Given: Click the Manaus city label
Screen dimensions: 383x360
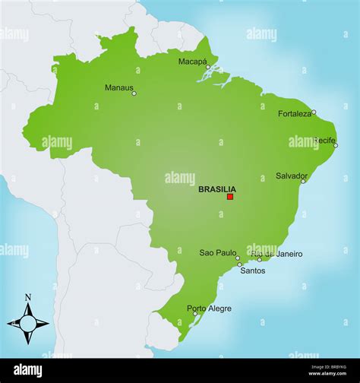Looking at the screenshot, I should click(118, 87).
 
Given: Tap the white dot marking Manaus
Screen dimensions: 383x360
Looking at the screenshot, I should click(134, 93).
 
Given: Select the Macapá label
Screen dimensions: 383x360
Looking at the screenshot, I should click(193, 62).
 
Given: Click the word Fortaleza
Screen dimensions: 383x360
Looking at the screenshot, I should click(295, 113).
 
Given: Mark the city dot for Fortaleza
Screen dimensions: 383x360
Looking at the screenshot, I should click(314, 112).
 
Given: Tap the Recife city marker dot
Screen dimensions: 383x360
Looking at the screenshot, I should click(336, 145).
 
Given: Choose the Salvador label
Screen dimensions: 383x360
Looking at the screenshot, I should click(292, 176).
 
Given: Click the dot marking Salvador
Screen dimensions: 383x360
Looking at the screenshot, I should click(303, 182).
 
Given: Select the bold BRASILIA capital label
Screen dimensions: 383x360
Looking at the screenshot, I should click(217, 190).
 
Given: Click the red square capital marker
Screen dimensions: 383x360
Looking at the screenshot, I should click(230, 197).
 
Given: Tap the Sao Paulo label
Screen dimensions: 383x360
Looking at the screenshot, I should click(217, 252).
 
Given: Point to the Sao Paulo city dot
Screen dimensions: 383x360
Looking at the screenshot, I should click(238, 258).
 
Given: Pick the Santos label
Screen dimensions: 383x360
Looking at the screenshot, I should click(253, 271).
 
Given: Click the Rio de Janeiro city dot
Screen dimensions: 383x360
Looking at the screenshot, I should click(259, 259).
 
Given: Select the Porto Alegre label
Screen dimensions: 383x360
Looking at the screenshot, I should click(210, 309).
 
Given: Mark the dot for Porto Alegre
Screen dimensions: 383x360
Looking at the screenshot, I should click(195, 314).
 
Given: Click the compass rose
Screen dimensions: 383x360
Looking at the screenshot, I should click(28, 323).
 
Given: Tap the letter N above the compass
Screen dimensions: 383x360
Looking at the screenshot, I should click(28, 297).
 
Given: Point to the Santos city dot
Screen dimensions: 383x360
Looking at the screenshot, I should click(239, 264).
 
